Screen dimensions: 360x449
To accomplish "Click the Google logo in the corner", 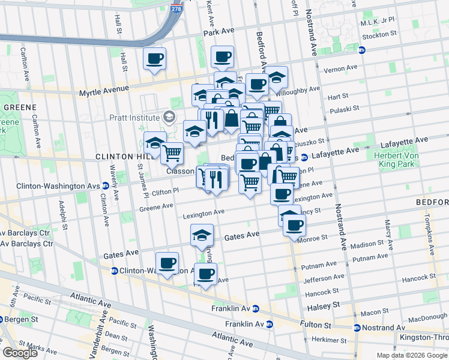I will coord(20,352).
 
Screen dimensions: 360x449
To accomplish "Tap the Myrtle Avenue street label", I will coord(104,91).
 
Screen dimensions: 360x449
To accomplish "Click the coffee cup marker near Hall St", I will coord(155,59).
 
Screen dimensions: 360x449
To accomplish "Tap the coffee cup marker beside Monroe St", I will coord(294,225).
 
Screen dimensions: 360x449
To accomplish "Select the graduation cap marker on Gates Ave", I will coord(202,235).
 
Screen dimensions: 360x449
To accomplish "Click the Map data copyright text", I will coord(412,355).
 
